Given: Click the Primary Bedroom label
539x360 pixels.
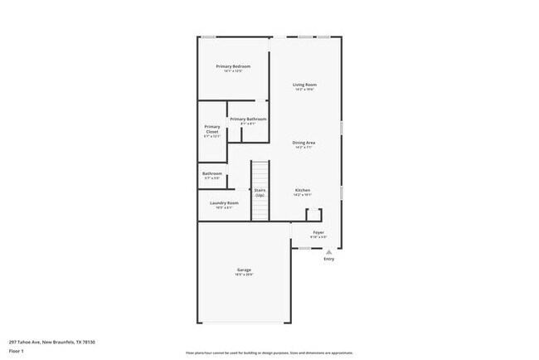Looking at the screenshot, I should [x=233, y=66].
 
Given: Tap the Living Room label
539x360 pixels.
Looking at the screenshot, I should [x=304, y=85].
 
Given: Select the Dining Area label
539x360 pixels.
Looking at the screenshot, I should [x=303, y=143].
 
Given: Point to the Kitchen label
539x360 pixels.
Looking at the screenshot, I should [x=303, y=191].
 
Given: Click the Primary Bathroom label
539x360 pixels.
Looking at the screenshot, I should [x=248, y=119].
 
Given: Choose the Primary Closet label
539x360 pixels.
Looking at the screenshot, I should [x=212, y=129].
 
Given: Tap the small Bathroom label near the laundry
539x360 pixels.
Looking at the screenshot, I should [x=212, y=173].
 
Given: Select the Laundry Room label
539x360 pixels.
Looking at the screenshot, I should [x=224, y=203].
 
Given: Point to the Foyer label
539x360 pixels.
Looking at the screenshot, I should [x=318, y=233].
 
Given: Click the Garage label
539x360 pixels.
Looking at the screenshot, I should [x=245, y=270].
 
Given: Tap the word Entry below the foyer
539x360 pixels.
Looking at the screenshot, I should [x=329, y=259].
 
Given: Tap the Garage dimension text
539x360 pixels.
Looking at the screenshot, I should [x=245, y=275].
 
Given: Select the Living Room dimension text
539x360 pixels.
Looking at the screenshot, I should [x=304, y=90].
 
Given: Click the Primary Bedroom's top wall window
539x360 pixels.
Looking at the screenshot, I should [x=211, y=36].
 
